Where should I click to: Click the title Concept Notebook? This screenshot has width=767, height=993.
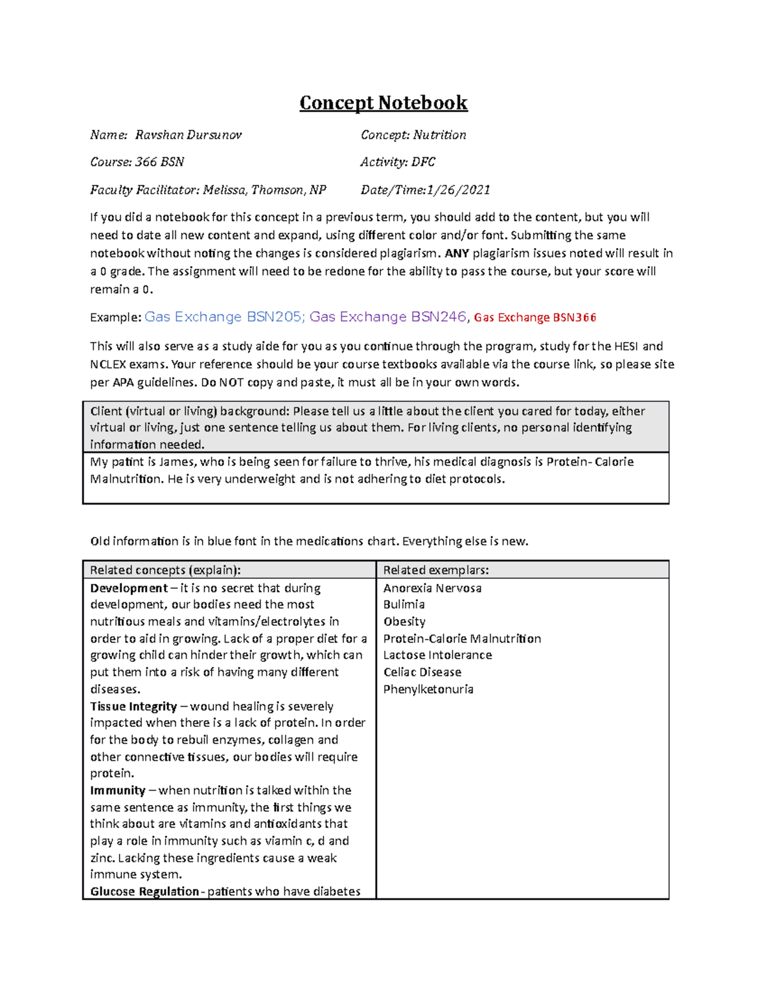[x=383, y=103]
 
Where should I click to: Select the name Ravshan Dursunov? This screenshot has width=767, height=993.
[x=188, y=135]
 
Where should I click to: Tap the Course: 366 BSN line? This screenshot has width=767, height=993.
[x=137, y=162]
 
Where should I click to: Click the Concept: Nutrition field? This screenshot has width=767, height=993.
[x=413, y=135]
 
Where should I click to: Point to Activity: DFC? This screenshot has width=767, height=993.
[x=397, y=162]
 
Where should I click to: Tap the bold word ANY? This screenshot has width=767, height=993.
[x=457, y=253]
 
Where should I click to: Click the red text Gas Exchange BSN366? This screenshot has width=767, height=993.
[x=535, y=318]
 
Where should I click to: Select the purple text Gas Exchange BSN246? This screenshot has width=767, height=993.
[x=389, y=317]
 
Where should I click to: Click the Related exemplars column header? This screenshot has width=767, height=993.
[x=435, y=570]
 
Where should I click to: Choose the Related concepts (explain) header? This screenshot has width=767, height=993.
[x=165, y=570]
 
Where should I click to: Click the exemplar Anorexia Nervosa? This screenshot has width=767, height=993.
[x=432, y=588]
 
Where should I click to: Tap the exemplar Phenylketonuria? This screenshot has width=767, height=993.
[x=428, y=689]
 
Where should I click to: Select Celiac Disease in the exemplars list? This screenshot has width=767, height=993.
[x=422, y=673]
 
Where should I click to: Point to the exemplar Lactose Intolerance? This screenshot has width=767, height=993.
[x=437, y=655]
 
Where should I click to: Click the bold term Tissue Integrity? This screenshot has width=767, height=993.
[x=133, y=707]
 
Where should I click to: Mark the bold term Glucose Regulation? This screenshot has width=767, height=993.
[x=144, y=891]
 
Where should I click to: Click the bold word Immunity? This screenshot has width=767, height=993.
[x=118, y=791]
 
